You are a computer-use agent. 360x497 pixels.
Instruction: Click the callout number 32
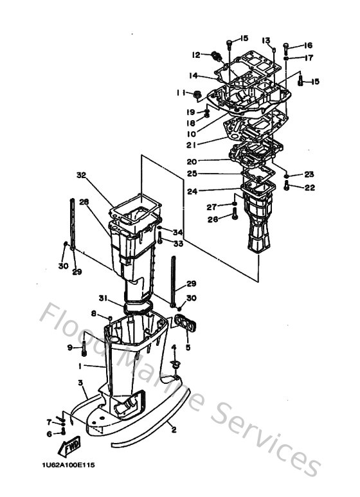(81, 174)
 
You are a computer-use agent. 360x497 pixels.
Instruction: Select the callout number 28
(83, 202)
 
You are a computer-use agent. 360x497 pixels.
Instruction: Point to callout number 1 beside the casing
(80, 366)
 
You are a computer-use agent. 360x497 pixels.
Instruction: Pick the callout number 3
(80, 383)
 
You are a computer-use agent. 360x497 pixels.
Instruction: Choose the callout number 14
(192, 75)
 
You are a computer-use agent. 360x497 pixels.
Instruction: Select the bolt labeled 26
(235, 218)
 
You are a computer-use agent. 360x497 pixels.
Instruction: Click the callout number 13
(265, 40)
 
